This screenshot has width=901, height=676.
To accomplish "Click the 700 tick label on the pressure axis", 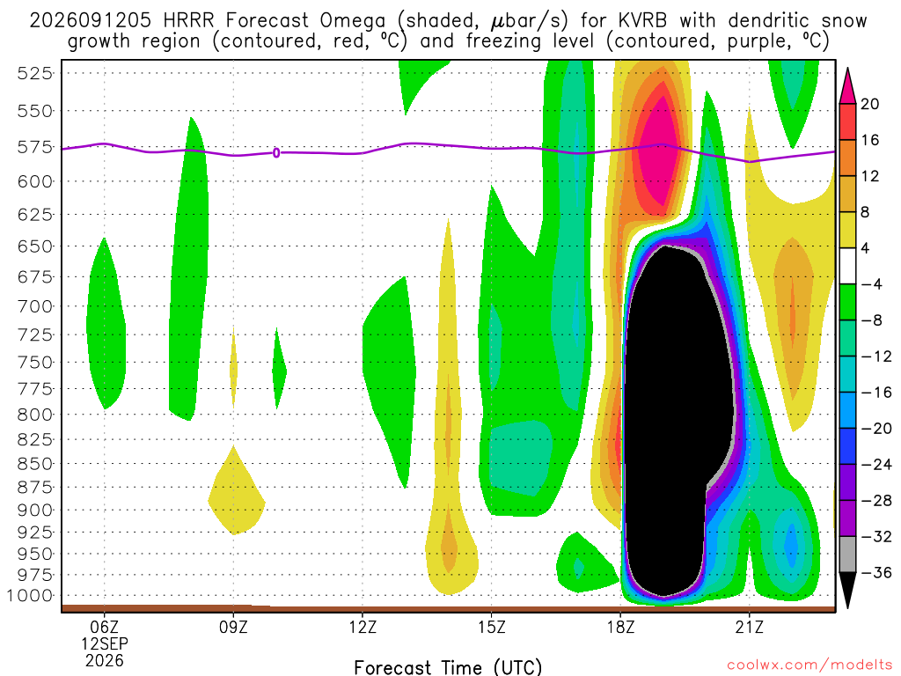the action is coord(34,306).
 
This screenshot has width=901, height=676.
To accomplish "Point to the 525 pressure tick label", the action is coord(34,73).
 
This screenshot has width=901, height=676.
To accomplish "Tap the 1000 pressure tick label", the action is coord(30,596).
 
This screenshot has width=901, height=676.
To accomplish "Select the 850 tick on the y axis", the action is coord(34,463).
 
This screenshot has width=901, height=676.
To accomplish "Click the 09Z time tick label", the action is coord(233,627).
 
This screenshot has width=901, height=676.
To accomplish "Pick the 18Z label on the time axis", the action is coord(620,627).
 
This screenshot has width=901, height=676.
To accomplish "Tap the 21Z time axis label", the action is coord(750,627).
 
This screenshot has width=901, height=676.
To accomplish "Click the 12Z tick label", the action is coord(363,627).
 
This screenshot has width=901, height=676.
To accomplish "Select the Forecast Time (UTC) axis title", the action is coord(448,667).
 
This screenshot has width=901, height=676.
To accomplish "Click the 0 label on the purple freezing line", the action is coord(276,153).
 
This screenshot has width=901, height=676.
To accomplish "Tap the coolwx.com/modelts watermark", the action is coord(809,665).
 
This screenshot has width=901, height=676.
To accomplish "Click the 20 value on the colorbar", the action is coord(869,104).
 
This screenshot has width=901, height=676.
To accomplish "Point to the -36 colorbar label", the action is coord(875,572).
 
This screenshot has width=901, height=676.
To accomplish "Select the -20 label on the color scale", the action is coord(875,429).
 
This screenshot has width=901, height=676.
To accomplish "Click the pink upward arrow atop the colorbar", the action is coord(847,85).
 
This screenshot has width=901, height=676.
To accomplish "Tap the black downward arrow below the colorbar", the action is coord(847,590).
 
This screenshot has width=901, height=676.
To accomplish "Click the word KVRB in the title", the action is coord(643,21).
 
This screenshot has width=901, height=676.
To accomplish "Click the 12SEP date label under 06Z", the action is coord(104,643).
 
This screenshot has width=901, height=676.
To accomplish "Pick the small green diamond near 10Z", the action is coord(279,369).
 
